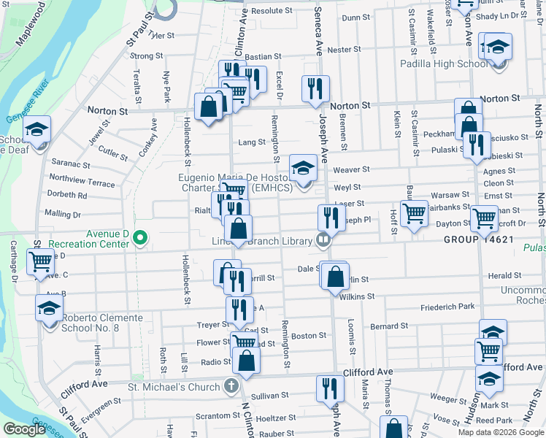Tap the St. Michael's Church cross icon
pyautogui.click(x=231, y=386)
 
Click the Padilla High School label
pyautogui.click(x=445, y=64)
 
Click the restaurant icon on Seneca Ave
pyautogui.click(x=315, y=89)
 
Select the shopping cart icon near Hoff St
pyautogui.click(x=414, y=213)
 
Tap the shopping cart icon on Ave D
pyautogui.click(x=41, y=261)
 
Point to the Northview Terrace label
pyautogui.click(x=82, y=182)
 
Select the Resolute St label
pyautogui.click(x=272, y=11)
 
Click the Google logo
pyautogui.click(x=24, y=429)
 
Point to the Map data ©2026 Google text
pyautogui.click(x=500, y=432)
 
